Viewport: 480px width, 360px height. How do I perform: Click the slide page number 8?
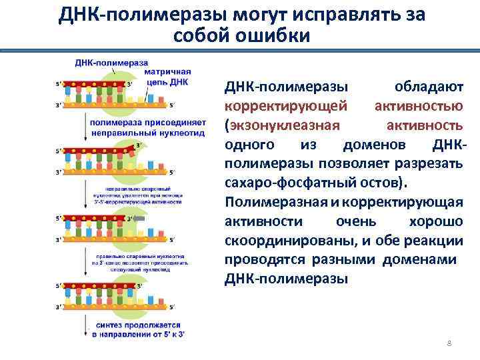point(449,343)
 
